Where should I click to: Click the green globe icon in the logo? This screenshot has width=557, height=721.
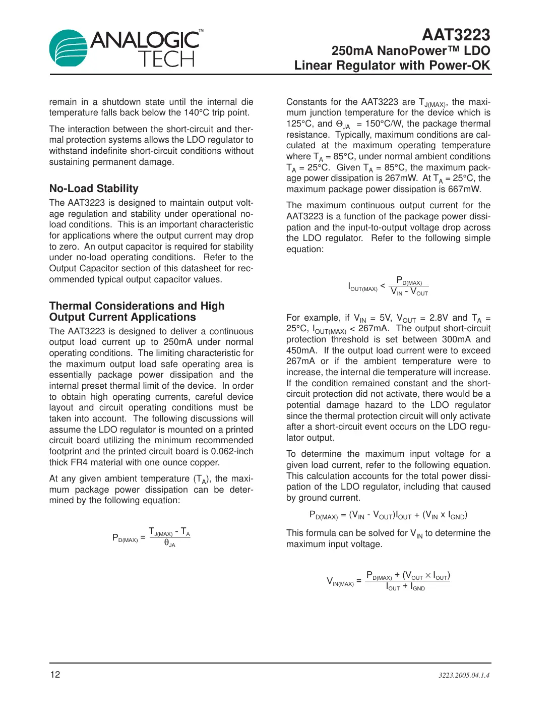69,48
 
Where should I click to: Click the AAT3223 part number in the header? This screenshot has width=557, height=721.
456,35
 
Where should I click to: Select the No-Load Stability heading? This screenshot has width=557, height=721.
94,189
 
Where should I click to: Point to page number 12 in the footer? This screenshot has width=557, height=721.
55,675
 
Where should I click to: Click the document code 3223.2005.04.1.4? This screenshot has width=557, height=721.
464,675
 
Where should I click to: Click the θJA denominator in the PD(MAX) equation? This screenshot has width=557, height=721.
170,544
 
